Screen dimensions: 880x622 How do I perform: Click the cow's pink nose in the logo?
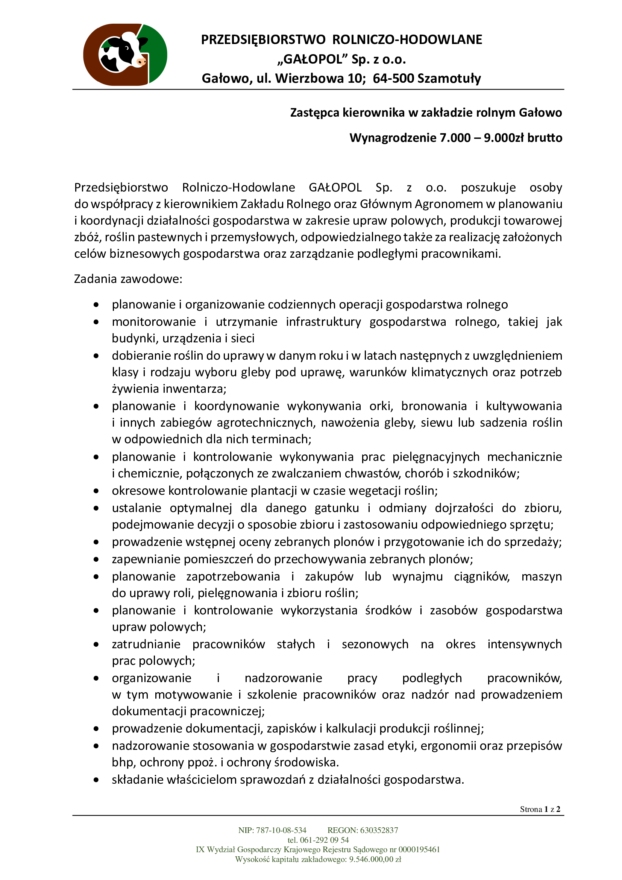pyautogui.click(x=141, y=61)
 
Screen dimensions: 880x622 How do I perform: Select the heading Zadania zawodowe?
pyautogui.click(x=128, y=279)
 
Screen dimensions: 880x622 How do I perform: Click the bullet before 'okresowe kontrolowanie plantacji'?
pyautogui.click(x=96, y=491)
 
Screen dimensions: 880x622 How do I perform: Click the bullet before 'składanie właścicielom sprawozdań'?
pyautogui.click(x=96, y=780)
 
